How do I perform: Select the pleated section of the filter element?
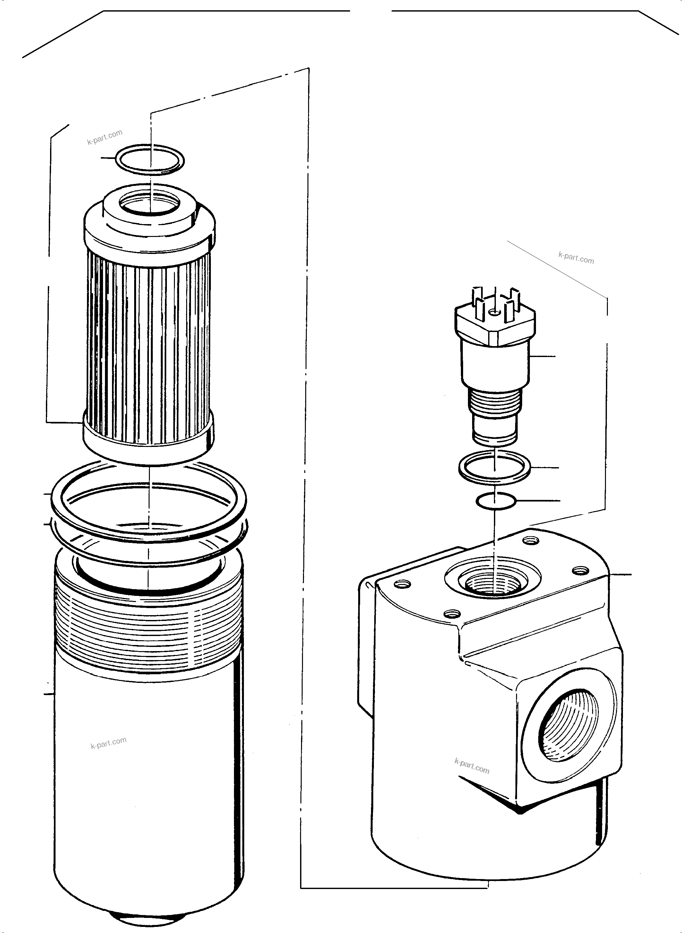[x=149, y=335]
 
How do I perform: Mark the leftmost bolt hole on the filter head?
[x=403, y=584]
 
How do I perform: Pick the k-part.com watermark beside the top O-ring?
[x=105, y=137]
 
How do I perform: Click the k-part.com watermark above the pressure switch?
[x=576, y=258]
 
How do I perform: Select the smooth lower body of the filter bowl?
[x=149, y=785]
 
